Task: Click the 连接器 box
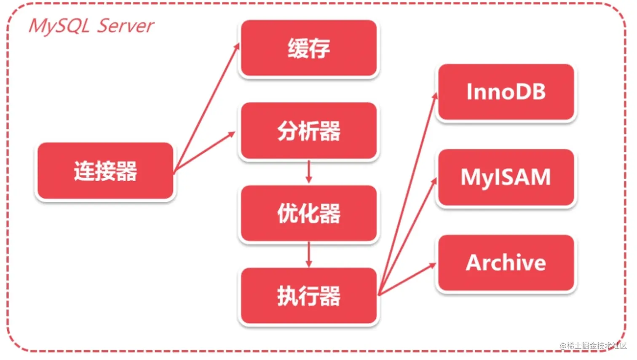105,171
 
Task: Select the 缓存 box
308,48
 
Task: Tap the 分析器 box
308,131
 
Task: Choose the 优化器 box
308,213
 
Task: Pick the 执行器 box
308,296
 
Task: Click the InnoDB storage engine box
506,92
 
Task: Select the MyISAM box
506,177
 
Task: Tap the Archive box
506,263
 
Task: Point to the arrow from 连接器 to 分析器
204,152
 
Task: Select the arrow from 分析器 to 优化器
309,172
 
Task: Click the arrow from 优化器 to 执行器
309,254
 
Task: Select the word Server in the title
126,26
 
